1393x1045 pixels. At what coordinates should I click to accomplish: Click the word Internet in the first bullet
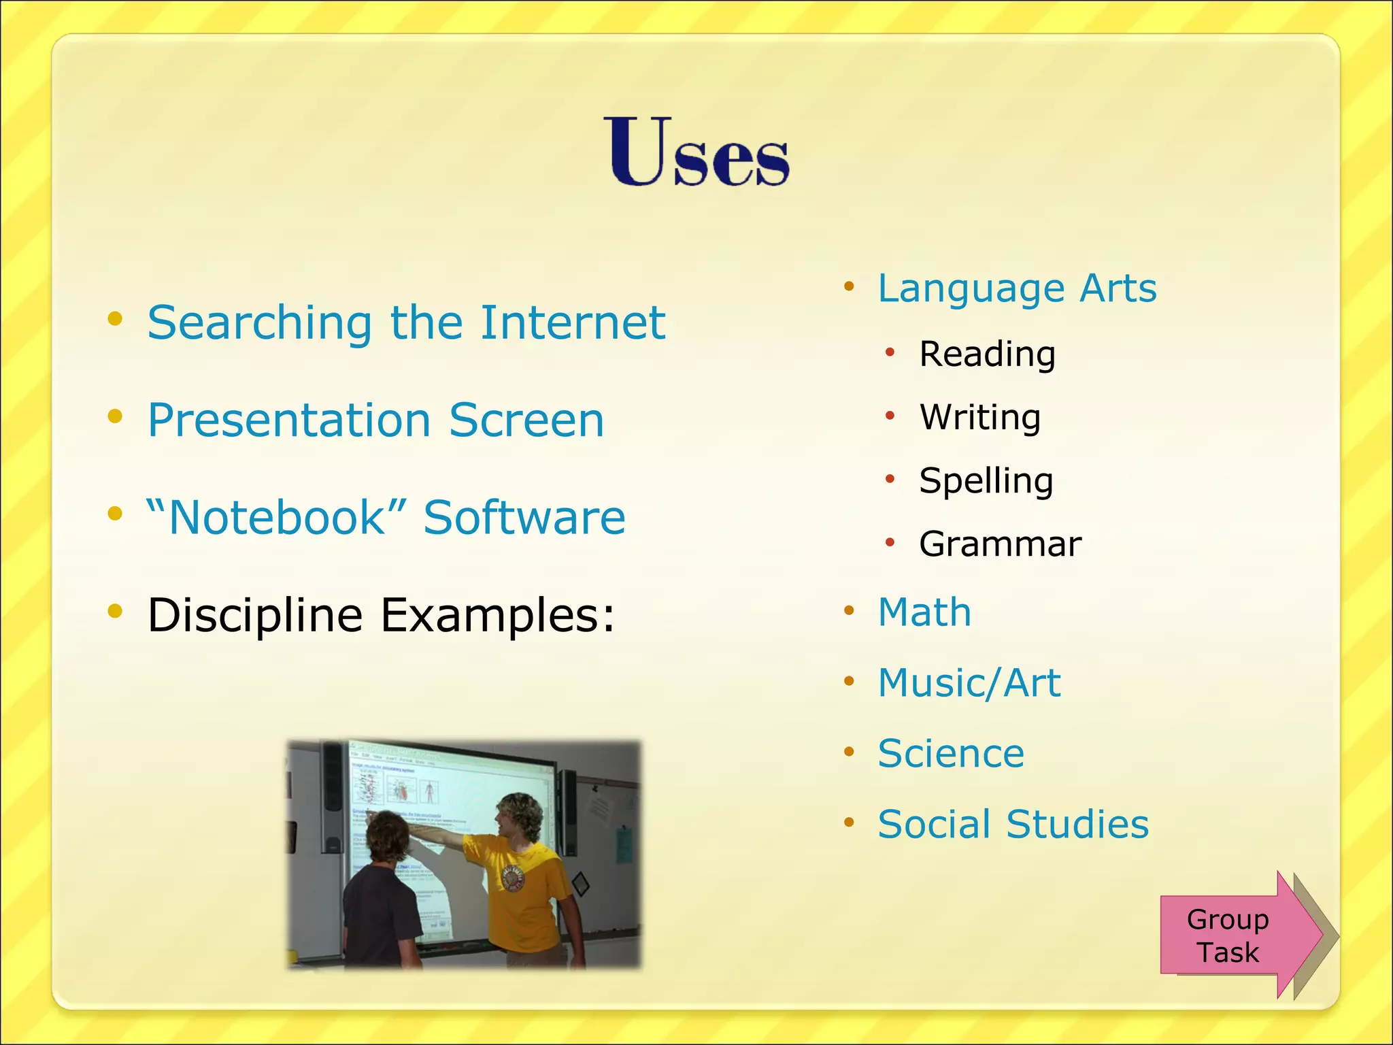[573, 322]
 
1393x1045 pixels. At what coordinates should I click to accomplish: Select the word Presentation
[290, 420]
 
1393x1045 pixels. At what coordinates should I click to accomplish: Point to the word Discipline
[255, 616]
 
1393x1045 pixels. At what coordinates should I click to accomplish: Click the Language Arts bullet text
[1017, 288]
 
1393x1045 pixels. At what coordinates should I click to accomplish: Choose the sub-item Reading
[987, 354]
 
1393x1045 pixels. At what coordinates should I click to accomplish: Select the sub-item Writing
[979, 417]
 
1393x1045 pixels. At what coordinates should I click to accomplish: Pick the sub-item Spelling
[986, 481]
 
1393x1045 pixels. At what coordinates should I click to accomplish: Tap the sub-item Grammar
[1000, 544]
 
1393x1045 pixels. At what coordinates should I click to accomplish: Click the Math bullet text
[924, 612]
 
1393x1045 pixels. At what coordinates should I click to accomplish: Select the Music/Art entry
[969, 683]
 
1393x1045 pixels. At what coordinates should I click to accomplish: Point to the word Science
[951, 754]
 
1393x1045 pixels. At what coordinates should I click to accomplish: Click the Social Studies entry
[1013, 825]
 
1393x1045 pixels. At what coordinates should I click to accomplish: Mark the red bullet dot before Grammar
[890, 543]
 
